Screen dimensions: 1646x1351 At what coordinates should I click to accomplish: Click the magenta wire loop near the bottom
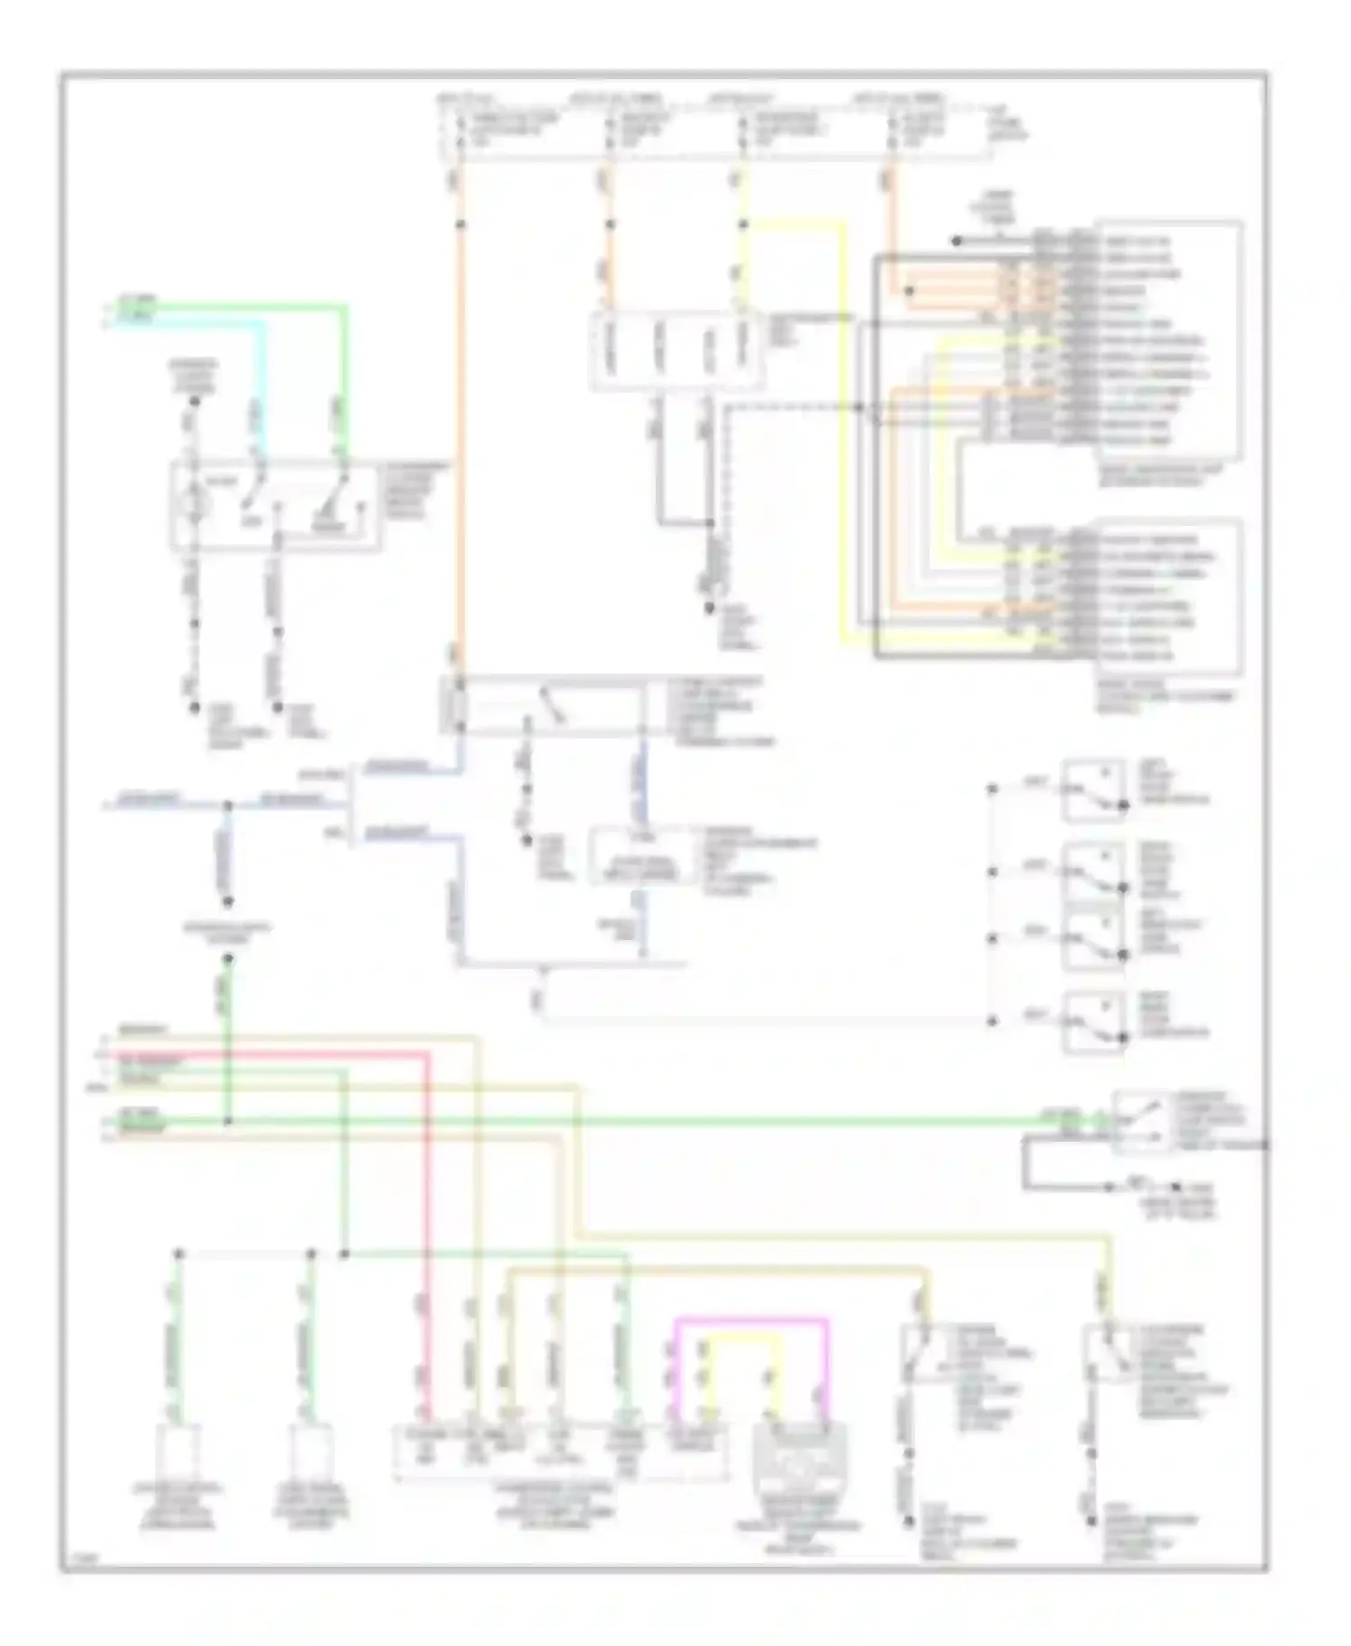(x=750, y=1321)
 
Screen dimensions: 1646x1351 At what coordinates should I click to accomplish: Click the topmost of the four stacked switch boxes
(x=1093, y=791)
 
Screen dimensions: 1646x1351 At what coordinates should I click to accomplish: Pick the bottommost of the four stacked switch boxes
(x=1093, y=1022)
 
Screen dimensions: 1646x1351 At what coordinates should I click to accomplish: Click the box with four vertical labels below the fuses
(x=676, y=352)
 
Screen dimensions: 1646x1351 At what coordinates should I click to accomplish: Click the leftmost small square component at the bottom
(x=177, y=1452)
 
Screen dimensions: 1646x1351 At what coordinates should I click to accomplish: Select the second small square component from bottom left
(x=312, y=1452)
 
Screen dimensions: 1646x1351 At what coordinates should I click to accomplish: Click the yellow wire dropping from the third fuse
(x=843, y=432)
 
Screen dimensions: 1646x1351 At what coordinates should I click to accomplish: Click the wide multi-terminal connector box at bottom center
(x=559, y=1452)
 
